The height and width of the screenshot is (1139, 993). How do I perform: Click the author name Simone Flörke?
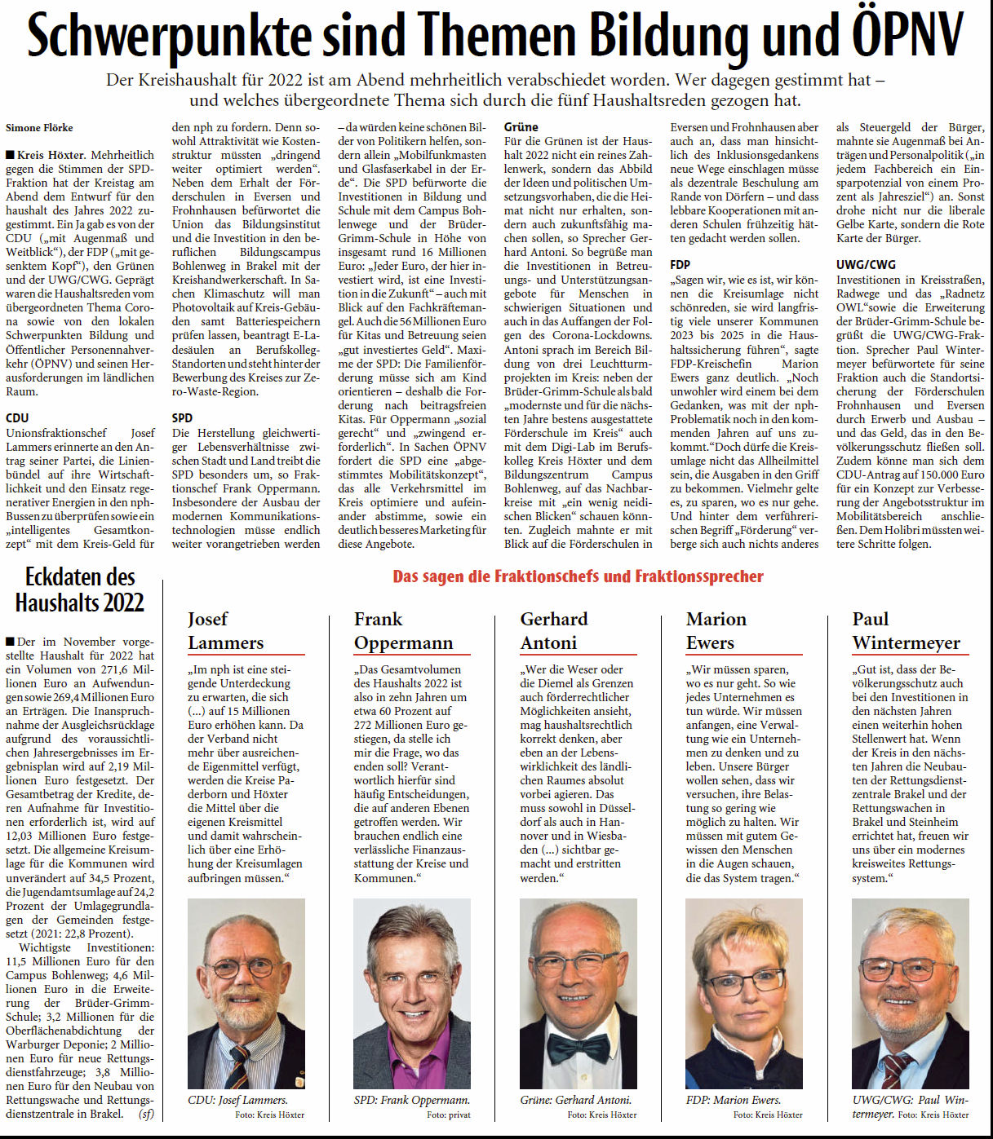tap(39, 128)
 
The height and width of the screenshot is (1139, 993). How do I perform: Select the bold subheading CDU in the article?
tap(17, 417)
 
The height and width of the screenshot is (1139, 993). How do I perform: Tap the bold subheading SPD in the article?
tap(182, 417)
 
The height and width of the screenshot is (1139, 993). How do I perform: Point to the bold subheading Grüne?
tap(521, 127)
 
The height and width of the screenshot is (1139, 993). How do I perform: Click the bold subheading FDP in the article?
tap(680, 264)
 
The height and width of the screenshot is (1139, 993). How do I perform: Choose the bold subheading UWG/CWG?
tap(866, 264)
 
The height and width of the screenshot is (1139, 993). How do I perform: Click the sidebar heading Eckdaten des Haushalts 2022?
tap(80, 589)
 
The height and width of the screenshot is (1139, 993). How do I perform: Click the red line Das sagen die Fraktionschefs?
tap(578, 576)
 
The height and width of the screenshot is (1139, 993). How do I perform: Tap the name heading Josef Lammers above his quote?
tap(226, 631)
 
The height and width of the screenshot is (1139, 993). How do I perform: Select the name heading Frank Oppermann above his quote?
tap(402, 631)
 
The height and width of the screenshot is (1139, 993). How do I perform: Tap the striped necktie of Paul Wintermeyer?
tap(896, 1068)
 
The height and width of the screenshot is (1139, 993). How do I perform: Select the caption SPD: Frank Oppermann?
tap(411, 1100)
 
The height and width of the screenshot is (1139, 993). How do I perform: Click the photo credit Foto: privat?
tap(448, 1115)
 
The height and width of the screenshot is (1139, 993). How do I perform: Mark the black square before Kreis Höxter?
tap(10, 155)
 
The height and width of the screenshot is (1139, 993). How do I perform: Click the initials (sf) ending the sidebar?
tap(146, 1114)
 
